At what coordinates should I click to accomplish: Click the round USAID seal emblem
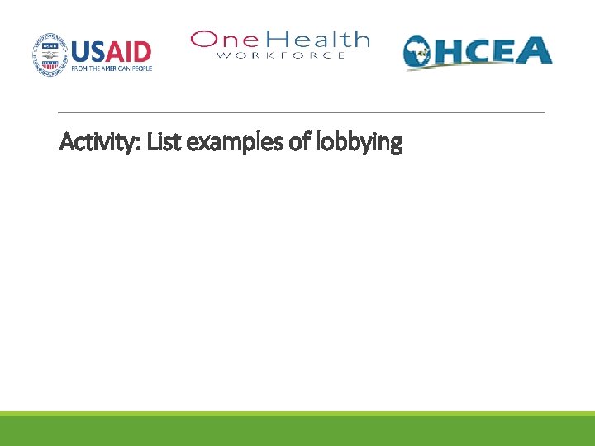pyautogui.click(x=50, y=54)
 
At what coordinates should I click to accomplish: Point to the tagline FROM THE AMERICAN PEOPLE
pyautogui.click(x=112, y=69)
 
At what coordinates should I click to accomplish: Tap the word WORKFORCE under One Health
pyautogui.click(x=281, y=55)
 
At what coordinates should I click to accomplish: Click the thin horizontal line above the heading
pyautogui.click(x=302, y=112)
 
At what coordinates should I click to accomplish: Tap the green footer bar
pyautogui.click(x=297, y=430)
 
